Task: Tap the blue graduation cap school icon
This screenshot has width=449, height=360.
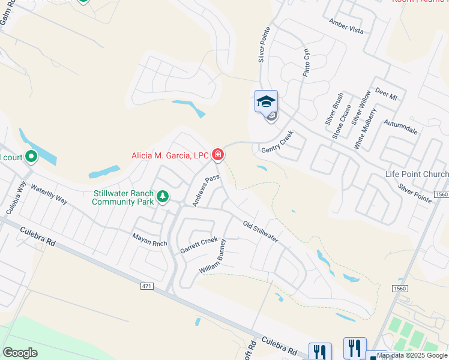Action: point(266,101)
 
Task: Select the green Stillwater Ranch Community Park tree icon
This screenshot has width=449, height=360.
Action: point(162,197)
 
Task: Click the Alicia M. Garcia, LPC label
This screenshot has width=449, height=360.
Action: point(170,156)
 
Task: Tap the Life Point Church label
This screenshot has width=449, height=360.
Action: point(417,175)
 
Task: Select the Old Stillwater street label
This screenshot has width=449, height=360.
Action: point(260,232)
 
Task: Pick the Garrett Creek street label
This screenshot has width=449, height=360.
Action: point(199,245)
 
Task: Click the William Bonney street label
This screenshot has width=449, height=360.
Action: point(213,257)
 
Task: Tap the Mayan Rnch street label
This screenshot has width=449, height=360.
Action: point(149,236)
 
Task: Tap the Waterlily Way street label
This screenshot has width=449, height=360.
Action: point(49,193)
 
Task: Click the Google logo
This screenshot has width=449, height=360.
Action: point(20,353)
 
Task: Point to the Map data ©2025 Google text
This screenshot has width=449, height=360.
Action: point(412,356)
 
